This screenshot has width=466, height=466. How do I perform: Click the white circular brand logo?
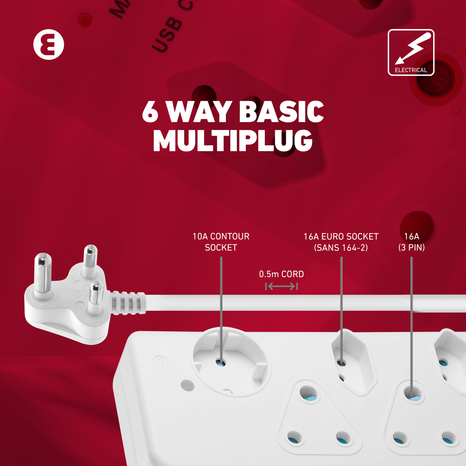pos(49,45)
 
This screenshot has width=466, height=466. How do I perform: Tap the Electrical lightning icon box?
pos(411,52)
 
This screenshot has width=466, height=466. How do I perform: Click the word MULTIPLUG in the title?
pos(233,140)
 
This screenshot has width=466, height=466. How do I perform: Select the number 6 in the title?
pos(150,112)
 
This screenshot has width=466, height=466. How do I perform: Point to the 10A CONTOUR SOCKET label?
pos(221,242)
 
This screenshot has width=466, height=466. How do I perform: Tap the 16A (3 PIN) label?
pos(411,242)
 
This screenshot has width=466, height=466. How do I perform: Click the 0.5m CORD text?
pos(281,274)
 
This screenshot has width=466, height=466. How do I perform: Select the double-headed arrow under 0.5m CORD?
pos(281,286)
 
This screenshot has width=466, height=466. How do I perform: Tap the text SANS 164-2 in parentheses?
pos(341,248)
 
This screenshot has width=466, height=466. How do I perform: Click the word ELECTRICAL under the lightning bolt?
pos(411,70)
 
